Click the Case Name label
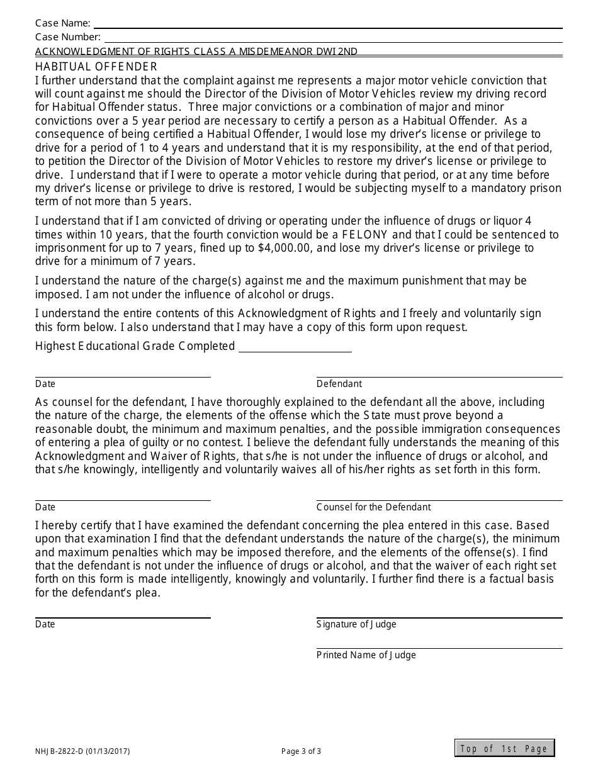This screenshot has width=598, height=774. click(62, 24)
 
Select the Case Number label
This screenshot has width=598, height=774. click(67, 37)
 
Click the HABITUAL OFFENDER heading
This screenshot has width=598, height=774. click(96, 66)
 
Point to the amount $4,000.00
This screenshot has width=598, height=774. click(285, 248)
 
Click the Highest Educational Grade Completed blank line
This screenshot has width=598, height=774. click(295, 347)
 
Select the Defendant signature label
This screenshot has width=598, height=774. click(339, 384)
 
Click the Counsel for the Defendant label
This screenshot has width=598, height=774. click(373, 507)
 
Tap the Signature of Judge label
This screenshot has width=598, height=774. click(356, 624)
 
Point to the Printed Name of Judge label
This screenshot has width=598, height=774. click(366, 655)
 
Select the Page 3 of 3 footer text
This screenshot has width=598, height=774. click(301, 751)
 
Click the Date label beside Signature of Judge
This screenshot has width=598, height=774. click(45, 624)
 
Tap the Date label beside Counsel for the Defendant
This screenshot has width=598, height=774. click(45, 507)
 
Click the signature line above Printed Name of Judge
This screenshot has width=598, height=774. click(439, 648)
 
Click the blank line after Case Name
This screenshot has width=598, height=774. click(327, 26)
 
